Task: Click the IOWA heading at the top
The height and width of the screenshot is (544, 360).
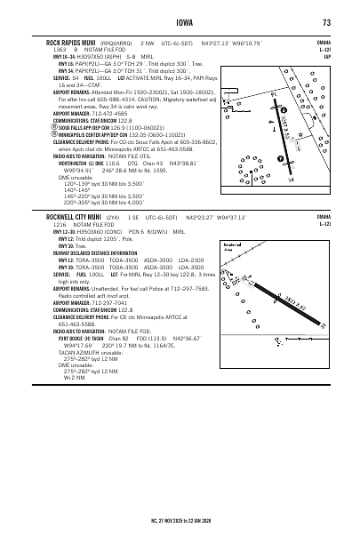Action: click(180, 22)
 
